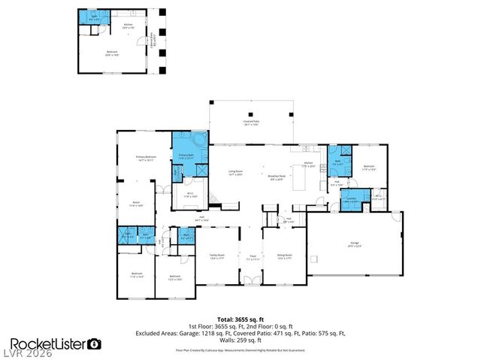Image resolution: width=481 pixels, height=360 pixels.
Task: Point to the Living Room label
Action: [x=235, y=172]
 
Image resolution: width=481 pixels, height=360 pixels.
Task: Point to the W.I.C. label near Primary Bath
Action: [x=192, y=196]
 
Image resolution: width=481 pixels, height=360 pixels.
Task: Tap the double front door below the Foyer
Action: [x=253, y=280]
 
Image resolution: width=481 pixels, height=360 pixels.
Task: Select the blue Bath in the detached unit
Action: [x=93, y=19]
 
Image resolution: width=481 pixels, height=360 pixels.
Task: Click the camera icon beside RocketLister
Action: [x=95, y=343]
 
